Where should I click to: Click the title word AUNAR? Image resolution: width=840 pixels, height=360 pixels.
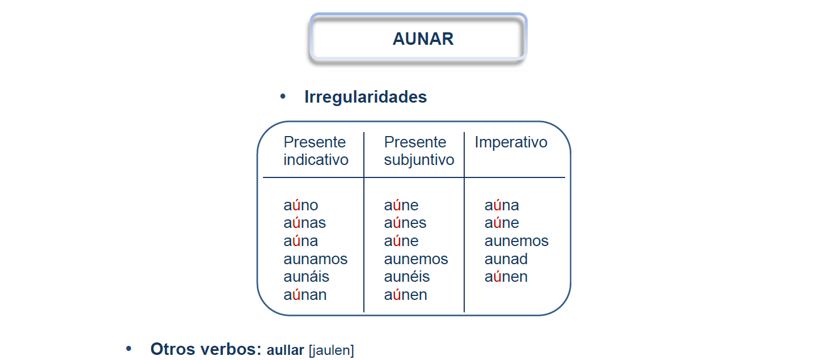[423, 39]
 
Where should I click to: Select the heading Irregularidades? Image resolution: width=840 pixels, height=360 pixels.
[366, 97]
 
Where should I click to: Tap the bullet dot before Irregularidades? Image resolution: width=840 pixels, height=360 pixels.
[283, 97]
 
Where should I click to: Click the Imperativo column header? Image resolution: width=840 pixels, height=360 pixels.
[511, 142]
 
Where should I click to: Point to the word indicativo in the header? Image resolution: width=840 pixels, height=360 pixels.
[316, 160]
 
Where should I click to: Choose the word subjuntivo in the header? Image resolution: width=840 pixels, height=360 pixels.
[419, 160]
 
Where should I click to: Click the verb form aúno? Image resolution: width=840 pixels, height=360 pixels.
[301, 205]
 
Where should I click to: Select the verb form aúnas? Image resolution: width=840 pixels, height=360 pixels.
[304, 223]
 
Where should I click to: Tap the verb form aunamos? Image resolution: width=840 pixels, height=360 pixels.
[315, 259]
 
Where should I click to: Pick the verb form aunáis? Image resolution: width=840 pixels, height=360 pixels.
[306, 277]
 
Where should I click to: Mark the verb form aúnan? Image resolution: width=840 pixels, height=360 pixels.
[305, 295]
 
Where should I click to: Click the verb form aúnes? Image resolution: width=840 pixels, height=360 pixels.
[405, 223]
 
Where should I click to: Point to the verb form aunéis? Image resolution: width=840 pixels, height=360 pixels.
[406, 277]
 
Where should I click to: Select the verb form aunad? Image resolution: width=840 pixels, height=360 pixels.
[506, 259]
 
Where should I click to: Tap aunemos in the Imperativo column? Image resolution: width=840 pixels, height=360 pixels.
[516, 241]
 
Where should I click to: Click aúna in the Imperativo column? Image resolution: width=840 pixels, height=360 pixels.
[502, 205]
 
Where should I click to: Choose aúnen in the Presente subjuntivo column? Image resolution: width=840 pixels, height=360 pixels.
[405, 295]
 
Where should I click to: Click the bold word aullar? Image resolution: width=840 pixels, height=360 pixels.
[285, 350]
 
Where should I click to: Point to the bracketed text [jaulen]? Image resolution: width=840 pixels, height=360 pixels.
[331, 350]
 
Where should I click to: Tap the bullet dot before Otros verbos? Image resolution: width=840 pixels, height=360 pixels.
[129, 349]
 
